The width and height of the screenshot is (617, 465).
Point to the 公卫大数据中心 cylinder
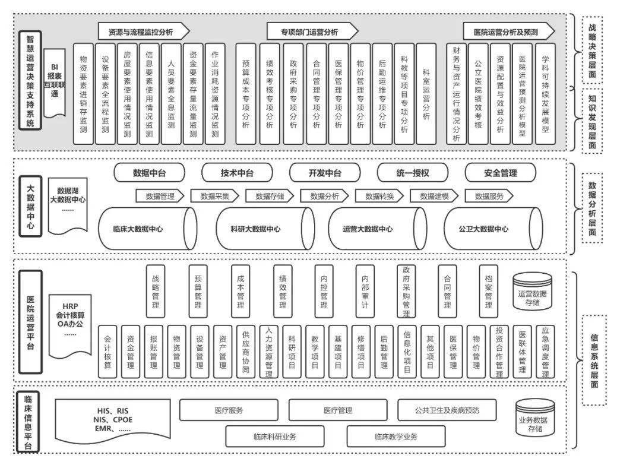pyautogui.click(x=492, y=229)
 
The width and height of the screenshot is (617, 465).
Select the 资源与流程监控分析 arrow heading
pyautogui.click(x=144, y=31)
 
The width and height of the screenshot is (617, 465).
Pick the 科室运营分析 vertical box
pyautogui.click(x=426, y=93)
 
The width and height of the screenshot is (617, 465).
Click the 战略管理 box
pyautogui.click(x=156, y=291)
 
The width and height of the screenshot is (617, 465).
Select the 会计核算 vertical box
pyautogui.click(x=107, y=351)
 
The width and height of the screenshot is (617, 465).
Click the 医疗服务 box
pyautogui.click(x=229, y=410)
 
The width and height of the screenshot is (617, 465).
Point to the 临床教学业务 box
pyautogui.click(x=396, y=436)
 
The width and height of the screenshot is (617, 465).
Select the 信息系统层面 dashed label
pyautogui.click(x=594, y=339)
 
